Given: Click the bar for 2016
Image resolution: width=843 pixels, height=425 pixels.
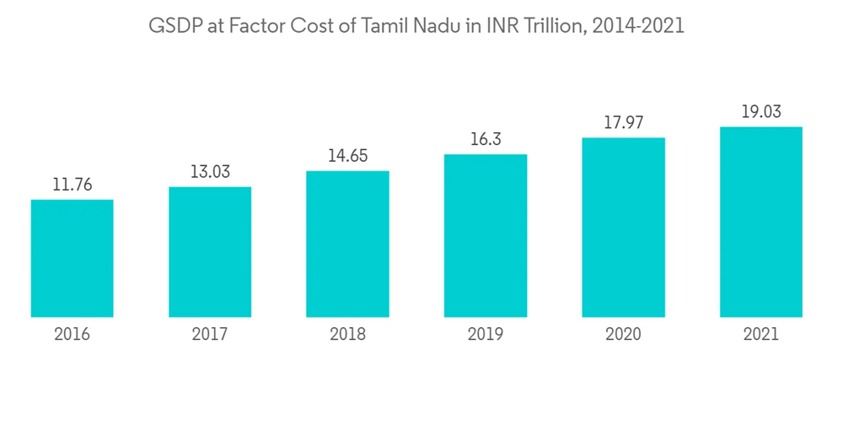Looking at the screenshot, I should pos(72,258).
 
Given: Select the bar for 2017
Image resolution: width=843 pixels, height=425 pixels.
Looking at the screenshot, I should pos(210,251).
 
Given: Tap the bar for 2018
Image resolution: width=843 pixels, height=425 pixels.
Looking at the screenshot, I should pos(347,244).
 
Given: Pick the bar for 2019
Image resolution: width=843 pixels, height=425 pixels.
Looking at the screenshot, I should pos(486,235).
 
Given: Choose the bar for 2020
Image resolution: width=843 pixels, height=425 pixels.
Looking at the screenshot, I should pos(623,227).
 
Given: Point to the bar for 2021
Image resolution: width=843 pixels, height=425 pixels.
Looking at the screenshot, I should pos(760,222).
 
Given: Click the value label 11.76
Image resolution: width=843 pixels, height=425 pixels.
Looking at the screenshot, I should pos(72,183).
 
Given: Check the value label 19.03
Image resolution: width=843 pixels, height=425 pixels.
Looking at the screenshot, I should pos(760,110).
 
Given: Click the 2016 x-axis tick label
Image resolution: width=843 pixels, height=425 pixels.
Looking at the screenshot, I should pos(72,334).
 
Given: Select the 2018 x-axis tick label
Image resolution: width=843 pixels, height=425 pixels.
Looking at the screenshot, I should pos(347,334).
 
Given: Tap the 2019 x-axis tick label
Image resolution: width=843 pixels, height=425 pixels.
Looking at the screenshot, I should pos(486,334).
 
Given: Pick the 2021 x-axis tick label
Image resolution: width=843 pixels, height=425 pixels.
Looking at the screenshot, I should pos(760,334).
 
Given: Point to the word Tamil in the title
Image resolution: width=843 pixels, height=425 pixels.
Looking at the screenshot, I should pos(384,26).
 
